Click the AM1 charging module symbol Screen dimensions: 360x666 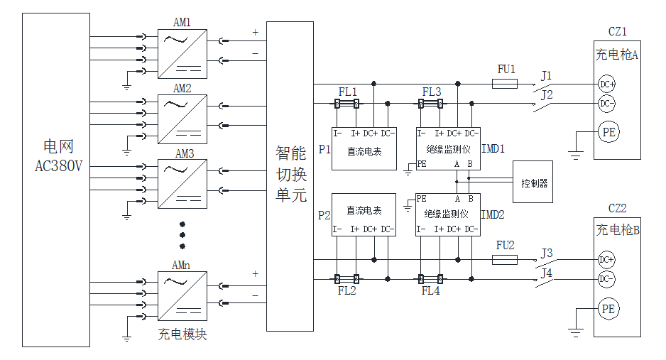pos(182,53)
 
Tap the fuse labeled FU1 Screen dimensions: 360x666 pos(505,84)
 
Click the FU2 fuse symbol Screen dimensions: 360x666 pos(505,260)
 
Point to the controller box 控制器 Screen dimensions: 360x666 pos(533,182)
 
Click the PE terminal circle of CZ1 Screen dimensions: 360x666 pos(608,132)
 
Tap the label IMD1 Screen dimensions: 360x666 pos(493,149)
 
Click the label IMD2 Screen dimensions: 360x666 pos(493,214)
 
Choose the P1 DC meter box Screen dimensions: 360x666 pos(364,149)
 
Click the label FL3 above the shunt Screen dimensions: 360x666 pos(431,92)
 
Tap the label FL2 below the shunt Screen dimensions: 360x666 pos(347,291)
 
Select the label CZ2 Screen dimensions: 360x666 pos(617,209)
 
